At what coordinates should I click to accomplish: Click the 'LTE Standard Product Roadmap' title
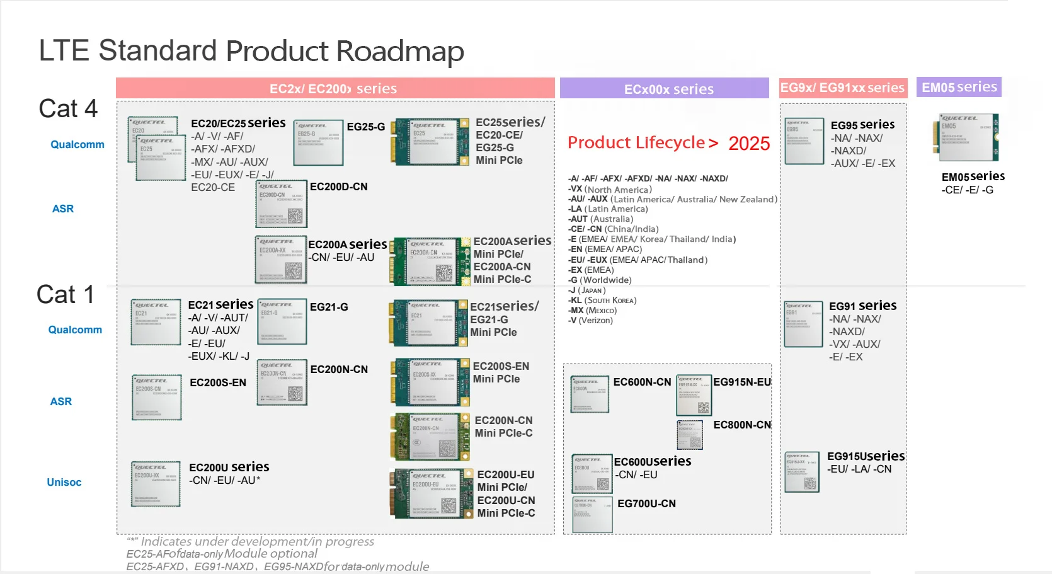[x=251, y=51]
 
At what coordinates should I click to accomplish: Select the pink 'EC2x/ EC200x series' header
[x=334, y=88]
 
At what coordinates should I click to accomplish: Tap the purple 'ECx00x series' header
[x=668, y=89]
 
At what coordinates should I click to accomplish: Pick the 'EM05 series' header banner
[x=959, y=87]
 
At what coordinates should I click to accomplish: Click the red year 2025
[x=749, y=144]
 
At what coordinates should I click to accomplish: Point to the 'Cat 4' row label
[x=68, y=108]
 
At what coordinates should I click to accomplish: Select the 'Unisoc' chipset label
[x=64, y=482]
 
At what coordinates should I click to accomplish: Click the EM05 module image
[x=965, y=137]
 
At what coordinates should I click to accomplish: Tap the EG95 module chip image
[x=804, y=141]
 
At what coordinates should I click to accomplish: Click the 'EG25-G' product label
[x=366, y=127]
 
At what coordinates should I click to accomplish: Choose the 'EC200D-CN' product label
[x=339, y=187]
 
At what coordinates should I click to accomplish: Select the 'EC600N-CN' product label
[x=642, y=382]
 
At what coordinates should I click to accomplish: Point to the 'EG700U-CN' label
[x=646, y=503]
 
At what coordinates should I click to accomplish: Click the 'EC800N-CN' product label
[x=742, y=425]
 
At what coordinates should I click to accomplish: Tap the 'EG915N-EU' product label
[x=742, y=382]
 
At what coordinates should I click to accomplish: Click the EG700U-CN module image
[x=592, y=514]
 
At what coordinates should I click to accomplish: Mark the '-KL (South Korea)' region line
[x=603, y=301]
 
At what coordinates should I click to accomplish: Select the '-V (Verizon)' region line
[x=590, y=321]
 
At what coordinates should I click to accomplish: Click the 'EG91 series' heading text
[x=862, y=306]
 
